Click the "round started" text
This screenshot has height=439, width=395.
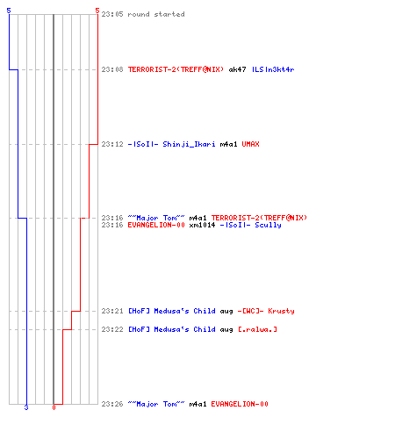coord(156,14)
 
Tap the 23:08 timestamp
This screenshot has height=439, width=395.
coord(112,69)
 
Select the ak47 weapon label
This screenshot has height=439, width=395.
coord(237,69)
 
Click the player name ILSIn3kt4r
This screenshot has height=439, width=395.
coord(273,69)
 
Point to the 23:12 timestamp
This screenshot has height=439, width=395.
coord(112,144)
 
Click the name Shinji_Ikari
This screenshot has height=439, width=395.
coord(189,144)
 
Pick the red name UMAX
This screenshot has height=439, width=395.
coord(250,144)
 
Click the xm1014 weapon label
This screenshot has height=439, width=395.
coord(202,225)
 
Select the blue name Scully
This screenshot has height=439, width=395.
coord(268,225)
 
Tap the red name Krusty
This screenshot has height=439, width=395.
coord(281,311)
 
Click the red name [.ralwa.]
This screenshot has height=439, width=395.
coord(257,329)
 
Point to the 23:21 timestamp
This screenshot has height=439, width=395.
coord(112,311)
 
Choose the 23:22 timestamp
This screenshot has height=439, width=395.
coord(112,329)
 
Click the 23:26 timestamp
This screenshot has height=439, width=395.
coord(112,404)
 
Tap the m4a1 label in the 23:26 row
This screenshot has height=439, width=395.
coord(197,404)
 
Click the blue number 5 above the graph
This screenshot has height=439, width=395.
coord(9,11)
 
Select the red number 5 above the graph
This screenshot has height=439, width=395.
coord(97,11)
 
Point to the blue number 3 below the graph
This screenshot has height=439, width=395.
coord(26,407)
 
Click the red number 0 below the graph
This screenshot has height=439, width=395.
coord(54,407)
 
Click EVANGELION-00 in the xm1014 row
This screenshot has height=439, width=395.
coord(156,225)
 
